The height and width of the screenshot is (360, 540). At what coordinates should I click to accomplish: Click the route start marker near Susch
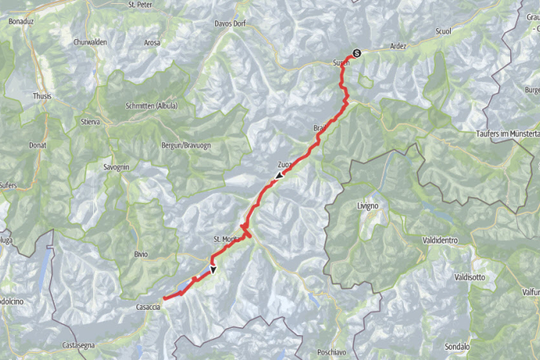tap(357, 53)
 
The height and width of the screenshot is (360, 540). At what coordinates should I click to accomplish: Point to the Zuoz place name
tap(285, 164)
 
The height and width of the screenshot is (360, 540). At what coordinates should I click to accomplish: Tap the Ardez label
tap(398, 46)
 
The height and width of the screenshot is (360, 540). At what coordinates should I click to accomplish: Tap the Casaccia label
tap(147, 306)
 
